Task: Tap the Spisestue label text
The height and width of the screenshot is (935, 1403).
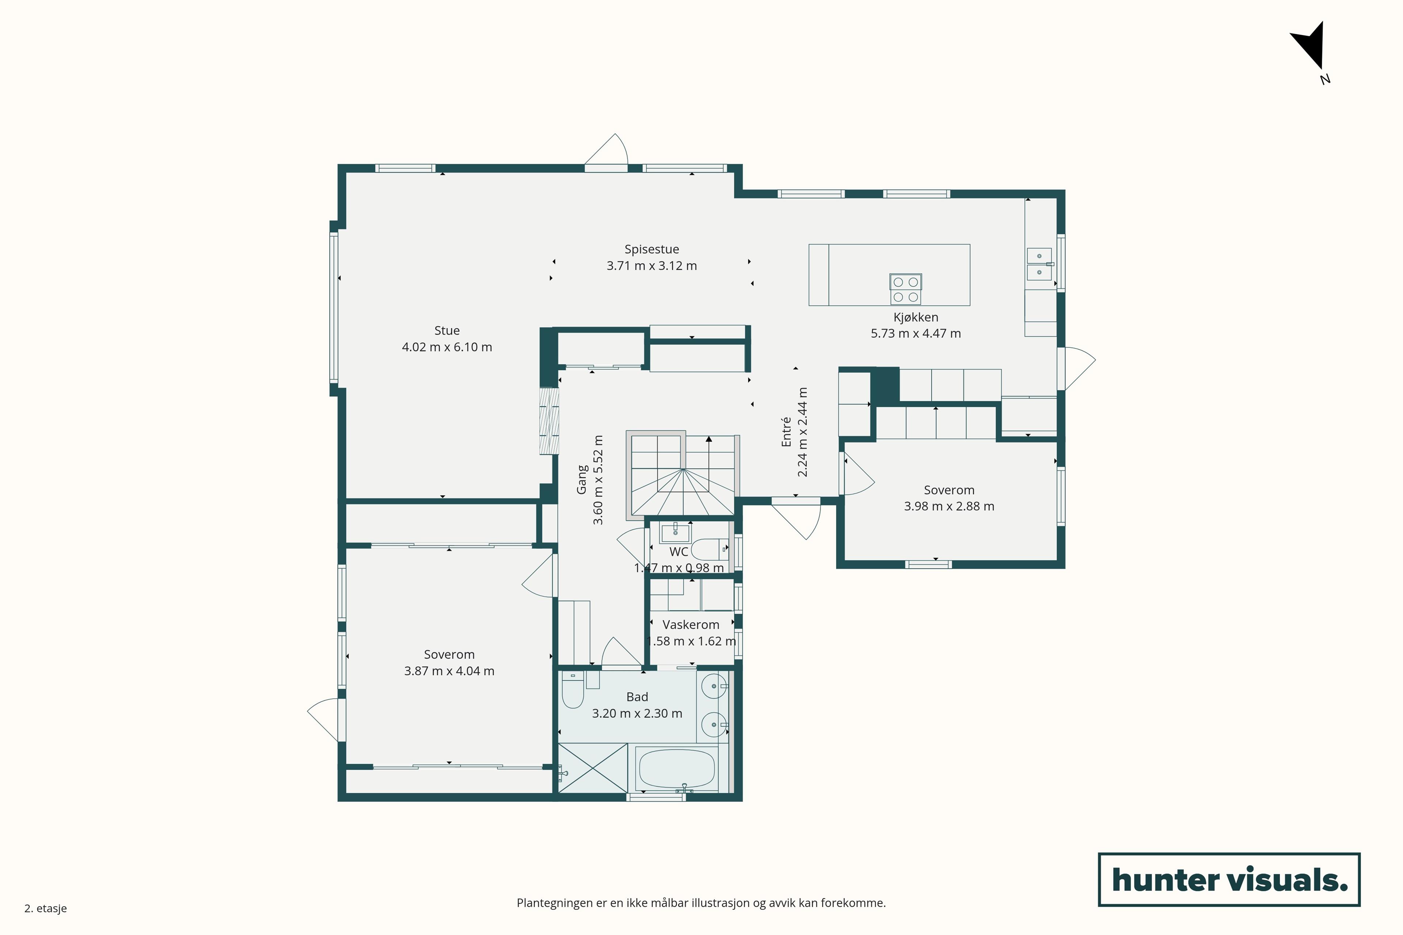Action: click(x=651, y=249)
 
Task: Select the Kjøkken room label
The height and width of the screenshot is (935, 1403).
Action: click(x=916, y=317)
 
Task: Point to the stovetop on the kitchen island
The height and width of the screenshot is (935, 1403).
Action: click(x=905, y=289)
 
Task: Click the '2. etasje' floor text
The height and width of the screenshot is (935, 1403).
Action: click(x=45, y=908)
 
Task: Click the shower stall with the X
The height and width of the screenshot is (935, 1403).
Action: click(x=592, y=768)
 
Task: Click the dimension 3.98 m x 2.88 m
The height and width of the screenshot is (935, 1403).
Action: click(x=949, y=506)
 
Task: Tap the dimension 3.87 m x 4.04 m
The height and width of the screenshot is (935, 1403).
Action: click(x=449, y=671)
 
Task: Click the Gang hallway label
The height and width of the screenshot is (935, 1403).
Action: click(x=582, y=480)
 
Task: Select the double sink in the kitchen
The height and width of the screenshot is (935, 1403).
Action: click(x=1039, y=264)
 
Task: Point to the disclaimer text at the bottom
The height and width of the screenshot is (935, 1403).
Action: click(x=701, y=903)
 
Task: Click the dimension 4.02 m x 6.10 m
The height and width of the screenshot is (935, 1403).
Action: click(x=447, y=347)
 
